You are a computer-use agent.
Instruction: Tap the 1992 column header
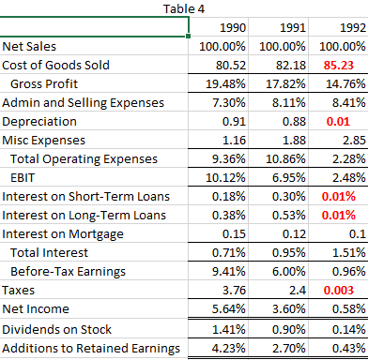coord(354,27)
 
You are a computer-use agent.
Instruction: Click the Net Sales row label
coord(28,46)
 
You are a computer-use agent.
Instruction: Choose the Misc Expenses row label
coord(43,140)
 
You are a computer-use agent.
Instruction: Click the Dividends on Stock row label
coord(57,329)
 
